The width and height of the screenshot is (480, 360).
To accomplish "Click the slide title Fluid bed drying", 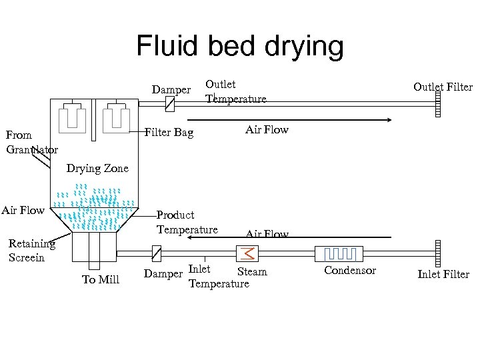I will pyautogui.click(x=240, y=47).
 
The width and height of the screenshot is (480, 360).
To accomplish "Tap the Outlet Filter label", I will pyautogui.click(x=443, y=87).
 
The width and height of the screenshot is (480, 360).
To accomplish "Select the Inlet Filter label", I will pyautogui.click(x=443, y=274).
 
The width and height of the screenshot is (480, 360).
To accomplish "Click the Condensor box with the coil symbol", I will pyautogui.click(x=339, y=253).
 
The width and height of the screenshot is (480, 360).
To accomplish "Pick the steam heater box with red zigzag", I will pyautogui.click(x=247, y=253).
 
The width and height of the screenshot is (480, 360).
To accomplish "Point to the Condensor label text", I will pyautogui.click(x=350, y=271).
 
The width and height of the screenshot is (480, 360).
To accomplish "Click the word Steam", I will pyautogui.click(x=252, y=272).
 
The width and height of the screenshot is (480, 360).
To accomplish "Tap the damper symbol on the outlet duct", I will pyautogui.click(x=169, y=104).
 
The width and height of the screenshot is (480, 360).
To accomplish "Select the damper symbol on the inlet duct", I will pyautogui.click(x=157, y=253).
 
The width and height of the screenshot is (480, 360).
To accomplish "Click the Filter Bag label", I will pyautogui.click(x=169, y=133).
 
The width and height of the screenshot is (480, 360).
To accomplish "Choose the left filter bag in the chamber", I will pyautogui.click(x=72, y=118).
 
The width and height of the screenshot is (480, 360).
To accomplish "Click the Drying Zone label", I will pyautogui.click(x=97, y=169).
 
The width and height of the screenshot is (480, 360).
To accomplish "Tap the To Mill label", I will pyautogui.click(x=101, y=279).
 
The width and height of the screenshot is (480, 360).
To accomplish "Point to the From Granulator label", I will pyautogui.click(x=31, y=142).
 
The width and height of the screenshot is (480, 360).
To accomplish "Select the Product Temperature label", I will pyautogui.click(x=187, y=222).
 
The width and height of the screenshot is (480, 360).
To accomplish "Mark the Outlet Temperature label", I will pyautogui.click(x=235, y=92).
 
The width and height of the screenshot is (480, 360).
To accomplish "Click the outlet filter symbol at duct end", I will pyautogui.click(x=437, y=104).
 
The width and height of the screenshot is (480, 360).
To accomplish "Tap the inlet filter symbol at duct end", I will pyautogui.click(x=437, y=253).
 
